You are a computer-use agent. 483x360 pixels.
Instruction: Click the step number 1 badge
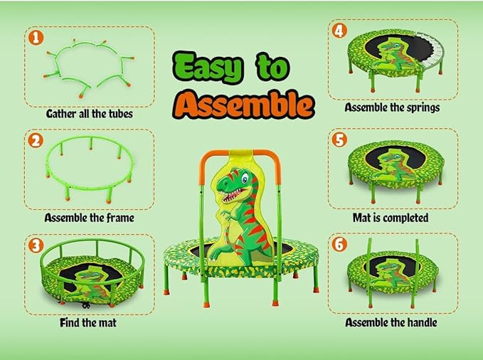35,38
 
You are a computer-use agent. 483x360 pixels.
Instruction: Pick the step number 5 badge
339,139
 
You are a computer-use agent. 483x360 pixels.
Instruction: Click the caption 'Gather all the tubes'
89,113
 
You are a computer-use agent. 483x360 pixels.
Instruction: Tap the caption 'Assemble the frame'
89,218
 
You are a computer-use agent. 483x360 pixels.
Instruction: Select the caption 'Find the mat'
88,322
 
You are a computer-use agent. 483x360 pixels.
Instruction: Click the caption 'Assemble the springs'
391,107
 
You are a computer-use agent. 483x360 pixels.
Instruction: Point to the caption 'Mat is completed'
391,218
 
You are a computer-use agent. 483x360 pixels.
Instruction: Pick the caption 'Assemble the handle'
391,322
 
